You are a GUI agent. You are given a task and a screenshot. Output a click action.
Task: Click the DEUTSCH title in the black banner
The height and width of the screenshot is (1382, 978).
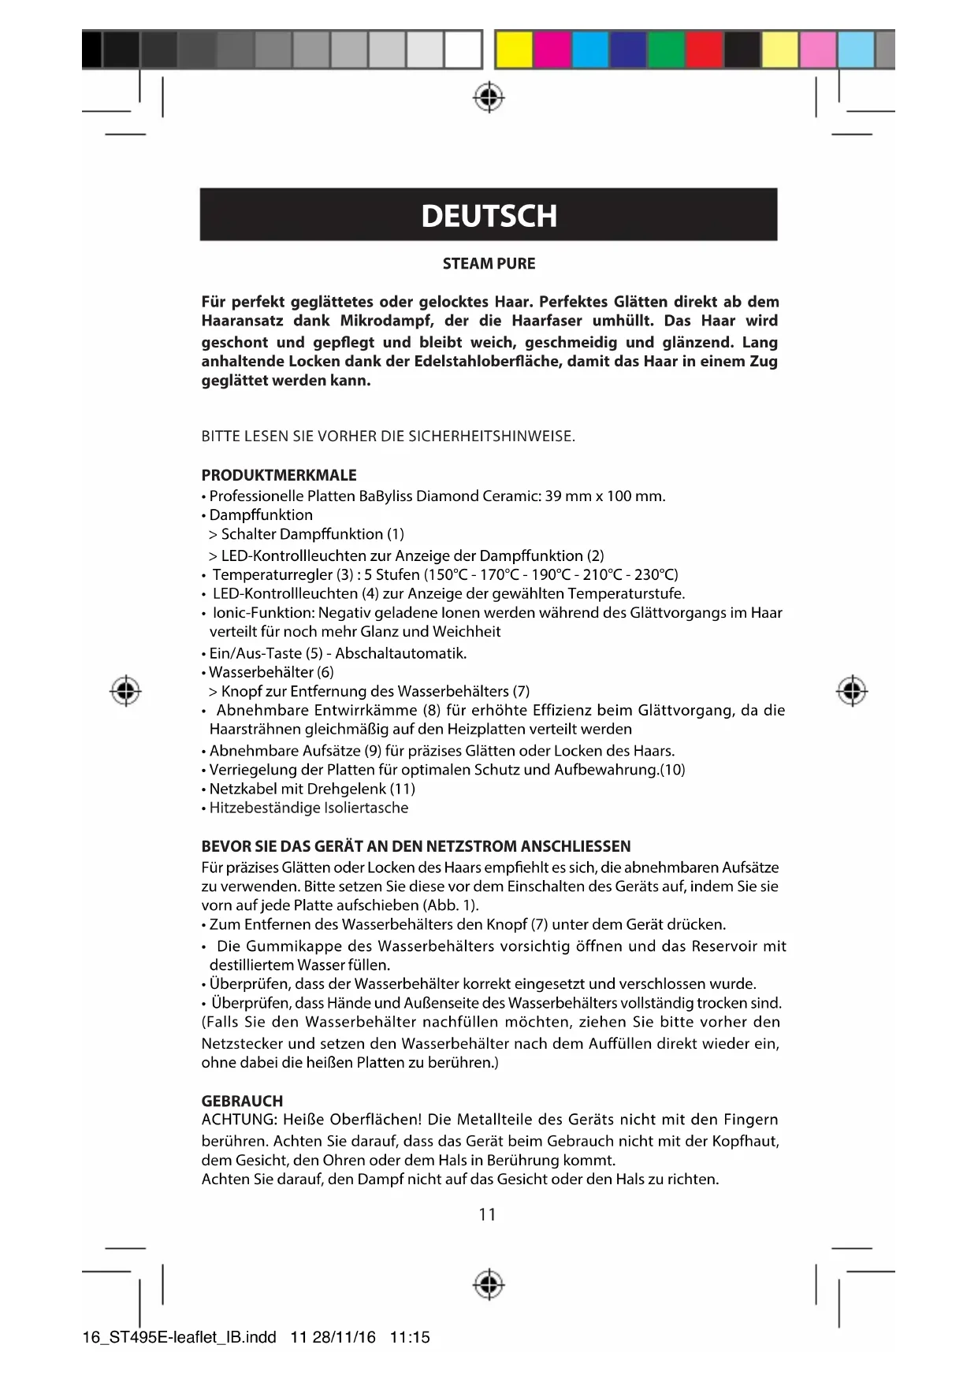pos(489,216)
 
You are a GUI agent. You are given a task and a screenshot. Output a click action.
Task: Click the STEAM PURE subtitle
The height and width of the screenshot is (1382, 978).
pos(489,264)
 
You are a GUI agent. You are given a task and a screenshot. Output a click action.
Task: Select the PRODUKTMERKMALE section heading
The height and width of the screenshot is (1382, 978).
pos(279,475)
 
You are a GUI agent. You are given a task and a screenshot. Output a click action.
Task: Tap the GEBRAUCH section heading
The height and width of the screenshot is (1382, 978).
pos(242,1101)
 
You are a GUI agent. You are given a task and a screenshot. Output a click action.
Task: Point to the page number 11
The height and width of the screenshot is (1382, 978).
pos(488,1214)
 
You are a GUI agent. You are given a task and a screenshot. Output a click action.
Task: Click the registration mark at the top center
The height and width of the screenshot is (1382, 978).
pos(489,98)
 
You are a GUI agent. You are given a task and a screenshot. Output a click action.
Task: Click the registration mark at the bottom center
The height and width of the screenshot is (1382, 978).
pos(489,1284)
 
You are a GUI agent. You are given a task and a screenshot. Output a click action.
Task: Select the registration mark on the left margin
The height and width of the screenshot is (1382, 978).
pos(125,691)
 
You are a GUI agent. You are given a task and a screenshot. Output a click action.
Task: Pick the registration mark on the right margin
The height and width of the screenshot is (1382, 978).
pos(851,691)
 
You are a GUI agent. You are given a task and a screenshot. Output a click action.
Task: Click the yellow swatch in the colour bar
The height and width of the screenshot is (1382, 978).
pos(514,50)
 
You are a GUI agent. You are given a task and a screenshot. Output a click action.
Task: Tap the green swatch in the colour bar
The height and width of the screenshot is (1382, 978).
pos(666,50)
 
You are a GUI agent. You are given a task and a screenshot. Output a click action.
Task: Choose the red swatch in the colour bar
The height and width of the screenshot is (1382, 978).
pos(704,50)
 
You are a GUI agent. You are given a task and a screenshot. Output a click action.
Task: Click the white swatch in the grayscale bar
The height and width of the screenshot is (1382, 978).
pos(463,50)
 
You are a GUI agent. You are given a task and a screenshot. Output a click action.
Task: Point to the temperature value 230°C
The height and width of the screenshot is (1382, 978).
pos(656,574)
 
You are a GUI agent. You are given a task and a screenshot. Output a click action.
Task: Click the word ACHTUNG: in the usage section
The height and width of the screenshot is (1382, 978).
pos(239,1120)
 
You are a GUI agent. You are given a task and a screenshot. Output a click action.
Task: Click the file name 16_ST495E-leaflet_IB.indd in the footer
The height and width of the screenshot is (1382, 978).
pos(179,1337)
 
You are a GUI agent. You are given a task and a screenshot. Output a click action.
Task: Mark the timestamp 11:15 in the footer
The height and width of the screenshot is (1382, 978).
pos(410,1337)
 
